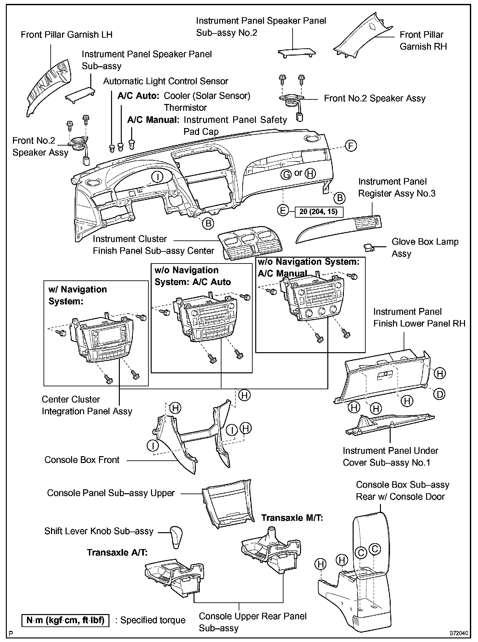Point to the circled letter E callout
tap(283, 211)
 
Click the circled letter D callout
tap(439, 394)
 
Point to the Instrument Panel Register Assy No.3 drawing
tap(338, 229)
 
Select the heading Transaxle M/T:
tap(292, 518)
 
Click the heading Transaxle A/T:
tap(117, 553)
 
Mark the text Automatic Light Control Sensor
tap(166, 81)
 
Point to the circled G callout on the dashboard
tap(286, 174)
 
